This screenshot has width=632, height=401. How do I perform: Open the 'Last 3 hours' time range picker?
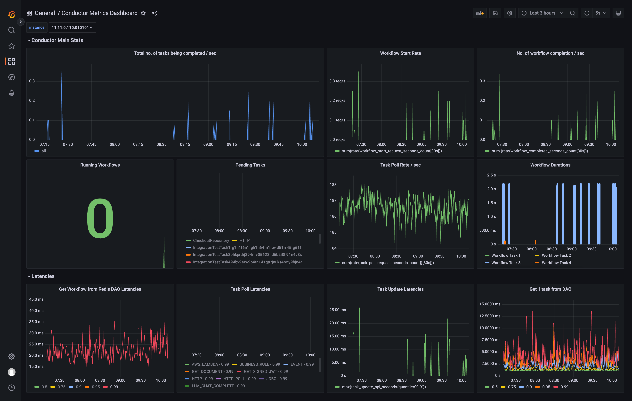(x=542, y=13)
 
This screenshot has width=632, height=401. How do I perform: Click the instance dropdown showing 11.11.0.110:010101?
(x=72, y=28)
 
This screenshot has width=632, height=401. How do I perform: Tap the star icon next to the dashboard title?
(x=143, y=13)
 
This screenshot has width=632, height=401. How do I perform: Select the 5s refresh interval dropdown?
(x=600, y=13)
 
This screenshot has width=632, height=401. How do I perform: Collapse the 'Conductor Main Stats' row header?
(x=57, y=40)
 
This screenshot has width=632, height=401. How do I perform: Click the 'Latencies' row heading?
(x=43, y=276)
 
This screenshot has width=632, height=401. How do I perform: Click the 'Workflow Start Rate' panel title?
(x=400, y=53)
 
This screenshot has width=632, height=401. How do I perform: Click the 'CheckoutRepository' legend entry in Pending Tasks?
(x=211, y=241)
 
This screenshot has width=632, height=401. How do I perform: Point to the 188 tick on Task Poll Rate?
(x=333, y=185)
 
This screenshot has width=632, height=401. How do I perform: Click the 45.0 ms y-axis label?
(x=36, y=299)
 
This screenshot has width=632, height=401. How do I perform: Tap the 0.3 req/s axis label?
(x=338, y=81)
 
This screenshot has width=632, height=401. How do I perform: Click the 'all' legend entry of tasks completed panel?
(x=44, y=151)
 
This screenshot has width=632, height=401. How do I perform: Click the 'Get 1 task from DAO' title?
(x=550, y=289)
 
